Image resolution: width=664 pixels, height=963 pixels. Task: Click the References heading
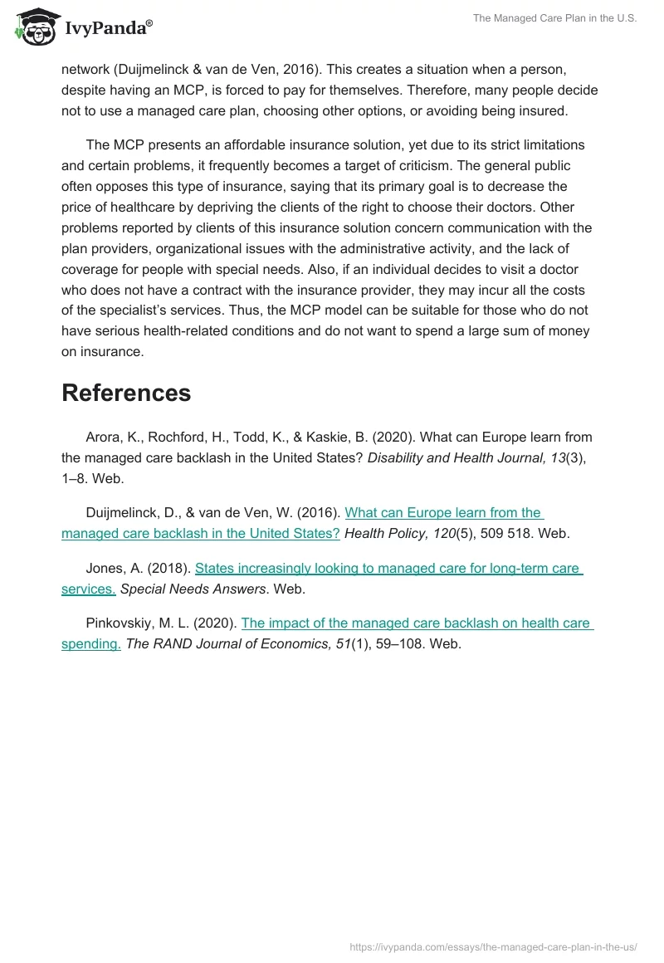tap(126, 393)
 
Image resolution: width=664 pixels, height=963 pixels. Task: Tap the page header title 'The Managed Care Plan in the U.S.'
tap(554, 19)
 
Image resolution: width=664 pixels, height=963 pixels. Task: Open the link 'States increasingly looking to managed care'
tap(388, 569)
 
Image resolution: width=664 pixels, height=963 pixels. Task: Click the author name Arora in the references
tap(104, 437)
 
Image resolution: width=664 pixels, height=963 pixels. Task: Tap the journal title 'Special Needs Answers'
tap(194, 589)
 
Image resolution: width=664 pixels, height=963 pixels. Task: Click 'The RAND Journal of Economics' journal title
tap(219, 643)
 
